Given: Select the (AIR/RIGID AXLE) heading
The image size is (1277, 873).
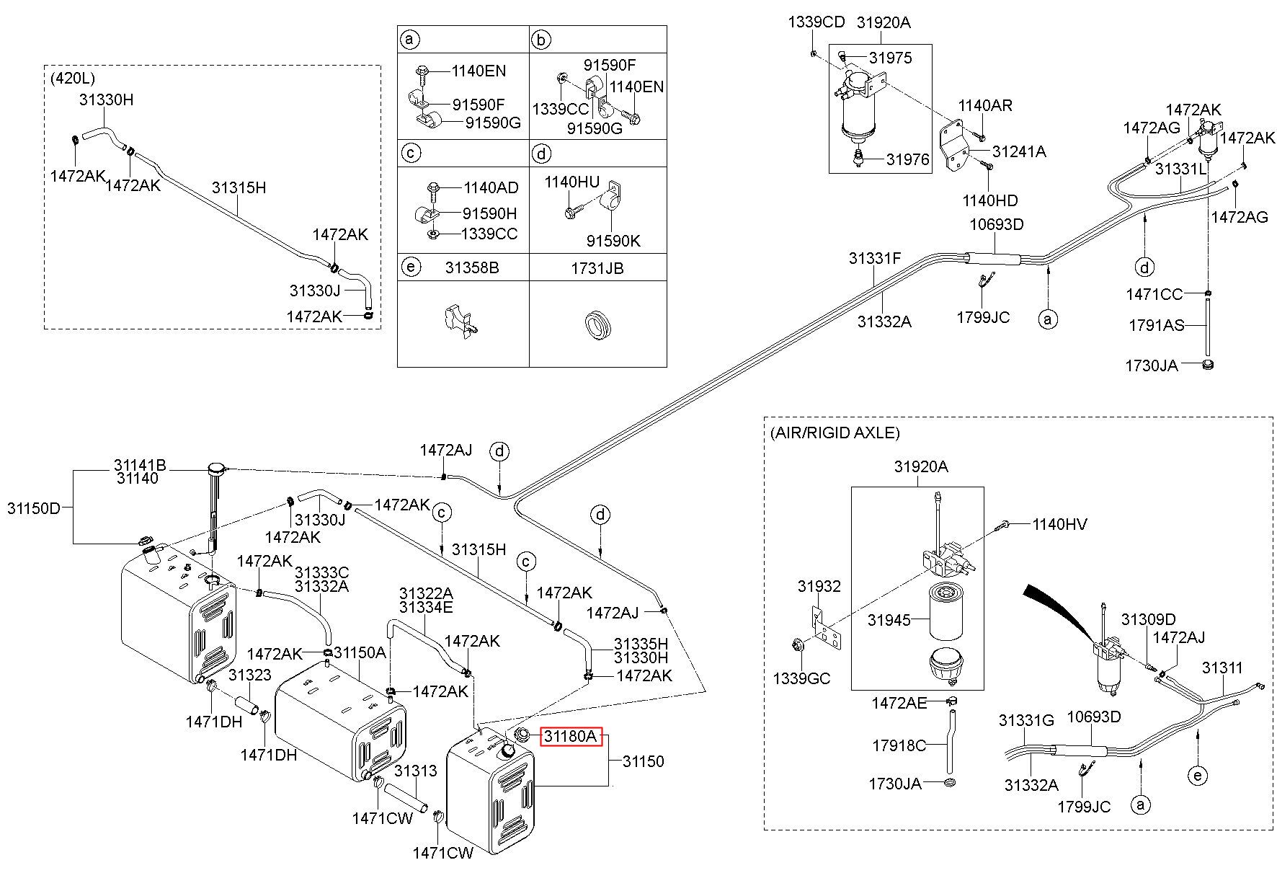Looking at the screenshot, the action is pyautogui.click(x=835, y=433).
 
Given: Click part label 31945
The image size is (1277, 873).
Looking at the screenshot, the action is pyautogui.click(x=889, y=620).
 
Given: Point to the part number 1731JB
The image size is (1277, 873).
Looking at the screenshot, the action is pyautogui.click(x=597, y=268).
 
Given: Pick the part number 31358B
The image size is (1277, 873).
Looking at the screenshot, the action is pyautogui.click(x=472, y=268).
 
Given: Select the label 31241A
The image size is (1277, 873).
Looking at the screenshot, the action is pyautogui.click(x=1019, y=151).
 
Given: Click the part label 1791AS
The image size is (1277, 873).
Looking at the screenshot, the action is pyautogui.click(x=1155, y=326).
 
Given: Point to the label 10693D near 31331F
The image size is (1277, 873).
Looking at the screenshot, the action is pyautogui.click(x=996, y=224).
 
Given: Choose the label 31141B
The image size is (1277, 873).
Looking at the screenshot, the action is pyautogui.click(x=140, y=466).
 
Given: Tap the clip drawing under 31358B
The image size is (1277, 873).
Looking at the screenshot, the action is pyautogui.click(x=458, y=320).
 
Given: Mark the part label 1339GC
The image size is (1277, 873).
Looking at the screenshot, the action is pyautogui.click(x=801, y=678).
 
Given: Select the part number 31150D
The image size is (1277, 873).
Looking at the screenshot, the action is pyautogui.click(x=34, y=508).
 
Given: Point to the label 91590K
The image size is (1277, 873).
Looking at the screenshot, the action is pyautogui.click(x=613, y=241).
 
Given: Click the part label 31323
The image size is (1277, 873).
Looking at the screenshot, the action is pyautogui.click(x=249, y=675).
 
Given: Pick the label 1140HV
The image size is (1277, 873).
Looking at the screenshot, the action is pyautogui.click(x=1059, y=525).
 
